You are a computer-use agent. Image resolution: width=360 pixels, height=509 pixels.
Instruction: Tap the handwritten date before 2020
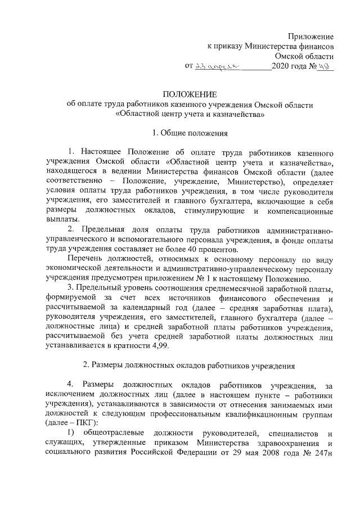pyautogui.click(x=217, y=67)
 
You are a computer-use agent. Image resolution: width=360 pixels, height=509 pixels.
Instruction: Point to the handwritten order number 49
pyautogui.click(x=325, y=66)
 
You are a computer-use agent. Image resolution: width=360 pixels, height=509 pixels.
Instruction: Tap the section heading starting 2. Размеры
pyautogui.click(x=188, y=364)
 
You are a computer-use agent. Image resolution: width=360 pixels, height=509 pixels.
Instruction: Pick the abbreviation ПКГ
pyautogui.click(x=77, y=422)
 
